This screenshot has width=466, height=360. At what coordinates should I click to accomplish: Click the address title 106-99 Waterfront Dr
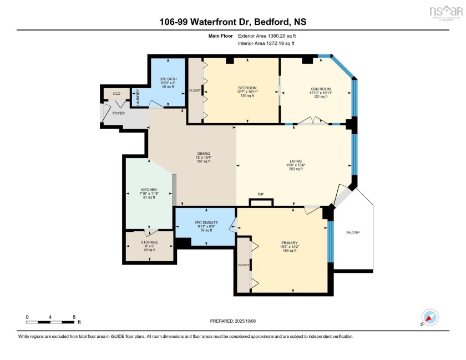point(233,23)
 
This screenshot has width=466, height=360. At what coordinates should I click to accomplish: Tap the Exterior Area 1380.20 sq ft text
point(266,36)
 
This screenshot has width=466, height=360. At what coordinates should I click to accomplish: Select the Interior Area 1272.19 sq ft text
point(266,43)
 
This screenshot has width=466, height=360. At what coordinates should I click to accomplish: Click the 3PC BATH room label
point(168,79)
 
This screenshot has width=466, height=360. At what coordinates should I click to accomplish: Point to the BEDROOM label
point(247,88)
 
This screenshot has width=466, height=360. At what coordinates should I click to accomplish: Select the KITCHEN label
point(149,190)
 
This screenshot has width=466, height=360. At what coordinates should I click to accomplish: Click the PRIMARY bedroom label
point(289,242)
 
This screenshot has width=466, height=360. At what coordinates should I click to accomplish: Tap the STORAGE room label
point(149,242)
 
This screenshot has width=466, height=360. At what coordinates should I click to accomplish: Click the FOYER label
point(119,113)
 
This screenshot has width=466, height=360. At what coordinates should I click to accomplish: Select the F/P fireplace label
point(260,194)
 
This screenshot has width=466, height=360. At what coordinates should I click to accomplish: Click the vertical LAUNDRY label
point(138,98)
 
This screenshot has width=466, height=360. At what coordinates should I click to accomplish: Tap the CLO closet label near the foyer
point(117,94)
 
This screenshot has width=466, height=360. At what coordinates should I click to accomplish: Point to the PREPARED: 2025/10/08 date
point(232,321)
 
